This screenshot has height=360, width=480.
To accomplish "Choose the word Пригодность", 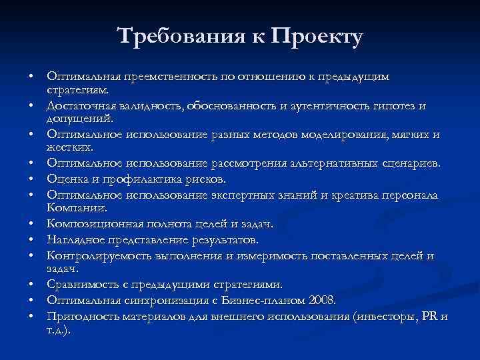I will click(x=79, y=315).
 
